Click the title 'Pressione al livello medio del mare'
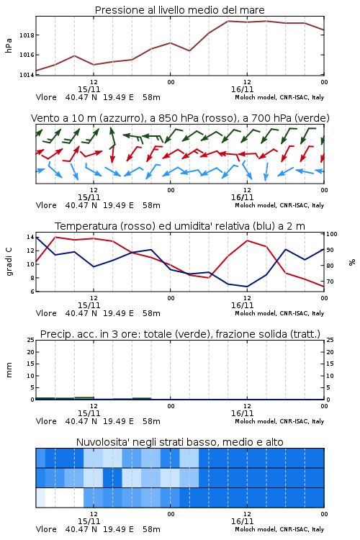(x=179, y=10)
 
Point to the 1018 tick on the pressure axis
(x=27, y=35)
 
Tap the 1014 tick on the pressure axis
(x=27, y=75)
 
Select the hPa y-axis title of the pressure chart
(x=9, y=45)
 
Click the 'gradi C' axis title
(x=9, y=261)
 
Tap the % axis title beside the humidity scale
(x=352, y=262)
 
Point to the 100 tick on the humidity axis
(x=332, y=234)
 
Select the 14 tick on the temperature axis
(x=30, y=237)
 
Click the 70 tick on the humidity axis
(x=330, y=282)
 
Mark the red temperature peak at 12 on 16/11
(x=248, y=240)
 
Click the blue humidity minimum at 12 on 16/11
(x=247, y=287)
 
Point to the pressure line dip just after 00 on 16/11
(x=189, y=50)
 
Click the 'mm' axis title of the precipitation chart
(x=9, y=370)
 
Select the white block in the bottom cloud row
(x=64, y=498)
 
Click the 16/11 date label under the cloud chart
(x=242, y=521)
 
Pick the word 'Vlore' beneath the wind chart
(x=46, y=205)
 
